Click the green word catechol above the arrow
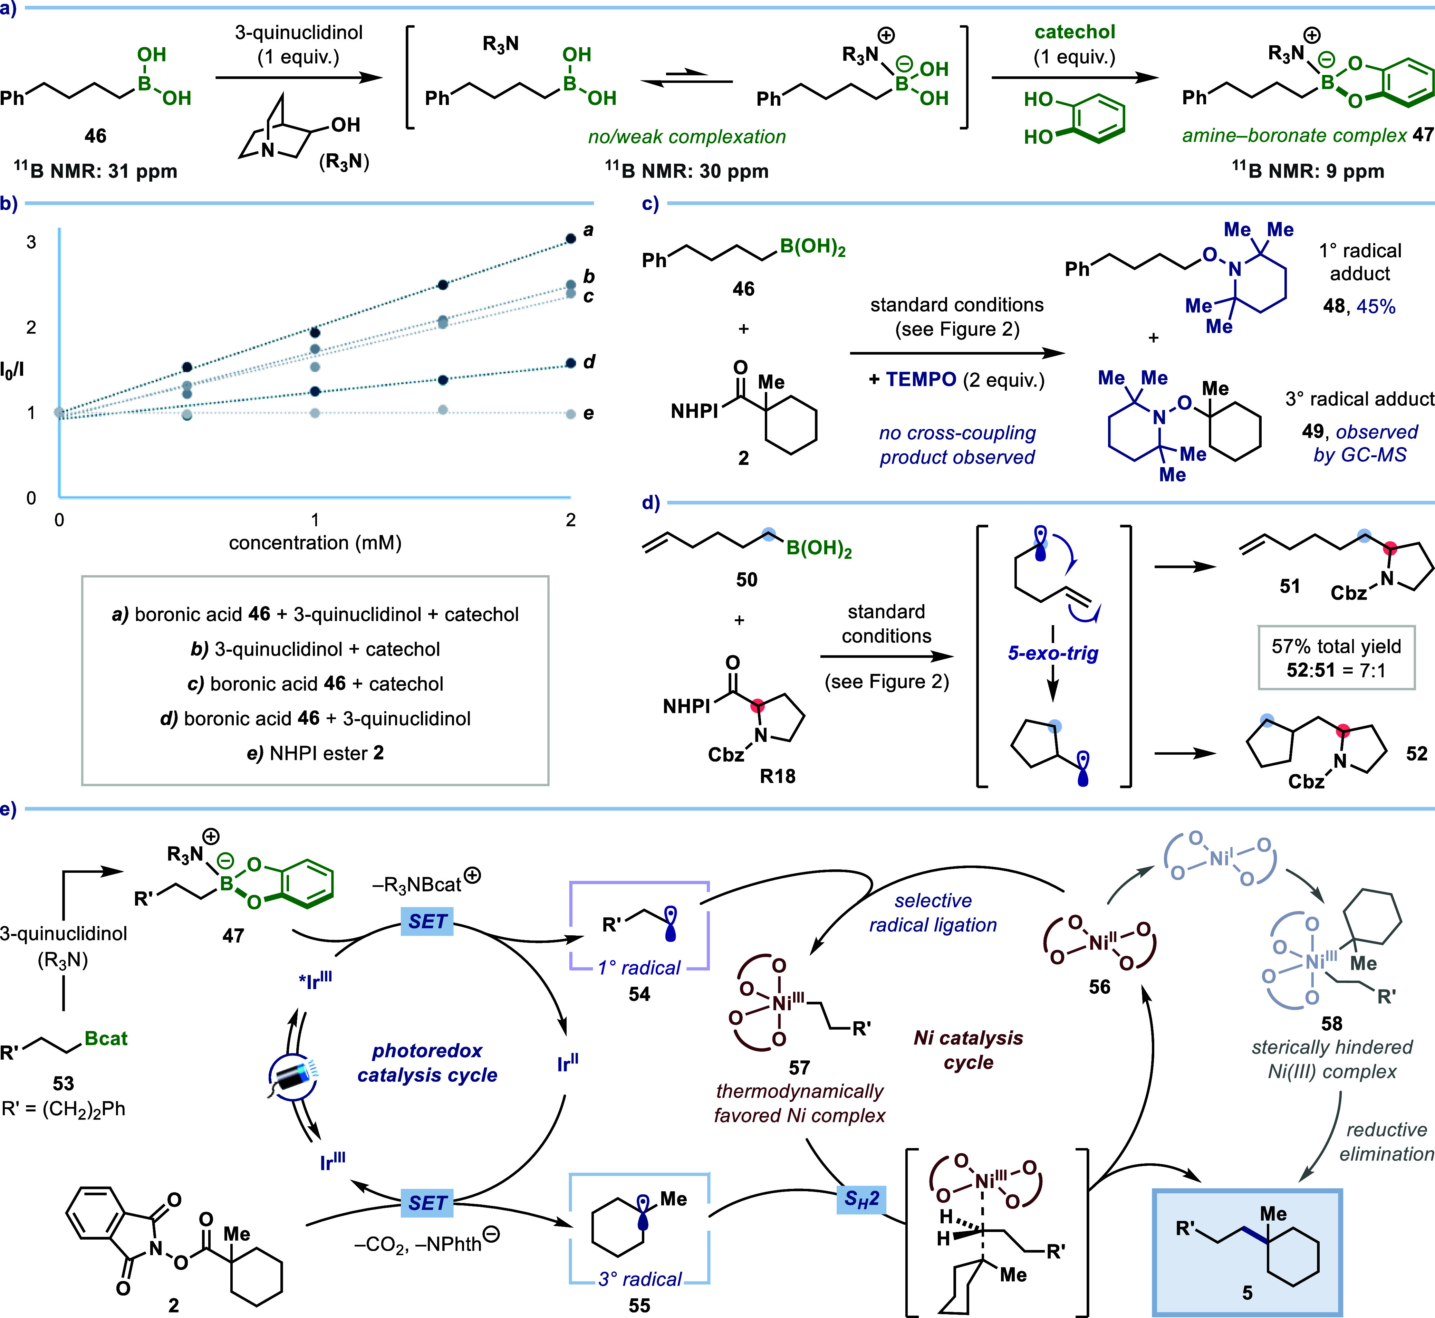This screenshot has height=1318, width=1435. tap(1075, 32)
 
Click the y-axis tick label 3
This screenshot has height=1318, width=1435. tap(31, 242)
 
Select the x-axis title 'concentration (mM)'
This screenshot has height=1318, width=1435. tap(315, 543)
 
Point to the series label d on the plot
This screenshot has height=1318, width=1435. tap(589, 362)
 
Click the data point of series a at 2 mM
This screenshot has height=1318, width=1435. tap(570, 239)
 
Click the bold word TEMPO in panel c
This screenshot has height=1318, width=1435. tap(921, 380)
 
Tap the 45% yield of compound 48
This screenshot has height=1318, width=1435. tap(1376, 307)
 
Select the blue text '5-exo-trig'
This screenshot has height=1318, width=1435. tap(1053, 653)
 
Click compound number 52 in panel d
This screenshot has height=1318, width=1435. tap(1416, 754)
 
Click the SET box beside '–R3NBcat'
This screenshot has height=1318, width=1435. tap(427, 921)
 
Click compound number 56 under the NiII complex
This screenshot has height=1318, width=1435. tap(1099, 987)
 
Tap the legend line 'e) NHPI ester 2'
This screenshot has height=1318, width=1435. tap(315, 753)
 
